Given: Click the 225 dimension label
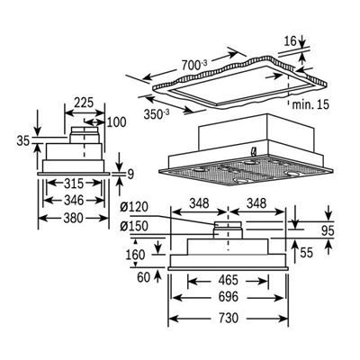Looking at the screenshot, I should coord(83,103).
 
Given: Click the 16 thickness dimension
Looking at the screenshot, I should coord(289,41).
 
